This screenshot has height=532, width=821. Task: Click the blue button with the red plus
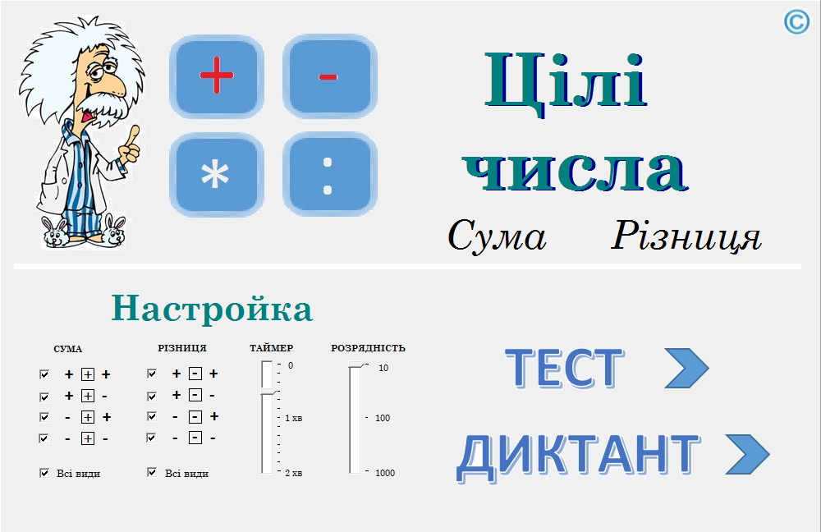point(216,76)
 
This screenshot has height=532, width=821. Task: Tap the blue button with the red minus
point(330,76)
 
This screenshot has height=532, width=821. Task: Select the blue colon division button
point(330,174)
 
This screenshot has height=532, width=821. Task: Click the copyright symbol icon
point(796,22)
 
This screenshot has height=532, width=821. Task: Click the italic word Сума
point(497,236)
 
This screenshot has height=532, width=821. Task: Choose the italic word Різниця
point(686,236)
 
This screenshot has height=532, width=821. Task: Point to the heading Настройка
point(212,308)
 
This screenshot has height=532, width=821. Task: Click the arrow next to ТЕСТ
point(686,368)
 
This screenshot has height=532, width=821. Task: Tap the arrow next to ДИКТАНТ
point(747,454)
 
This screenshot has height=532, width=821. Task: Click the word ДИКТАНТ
point(578,457)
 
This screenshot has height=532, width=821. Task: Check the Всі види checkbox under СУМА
point(44,473)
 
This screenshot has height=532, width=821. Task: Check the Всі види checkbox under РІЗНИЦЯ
point(152,472)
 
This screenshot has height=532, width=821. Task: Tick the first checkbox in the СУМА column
point(44,374)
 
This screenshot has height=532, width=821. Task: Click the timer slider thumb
point(268,392)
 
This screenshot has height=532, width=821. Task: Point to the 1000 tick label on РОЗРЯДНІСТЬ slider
point(385,473)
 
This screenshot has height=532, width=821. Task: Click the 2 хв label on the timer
point(293,473)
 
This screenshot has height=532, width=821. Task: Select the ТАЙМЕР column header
point(271,347)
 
